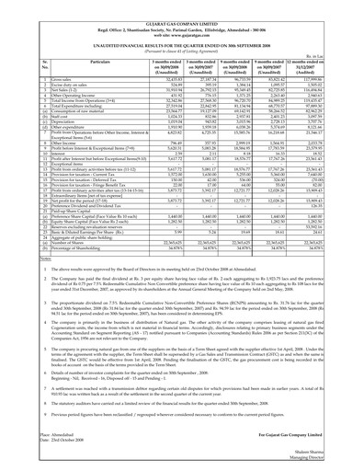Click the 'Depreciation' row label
click(46, 123)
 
